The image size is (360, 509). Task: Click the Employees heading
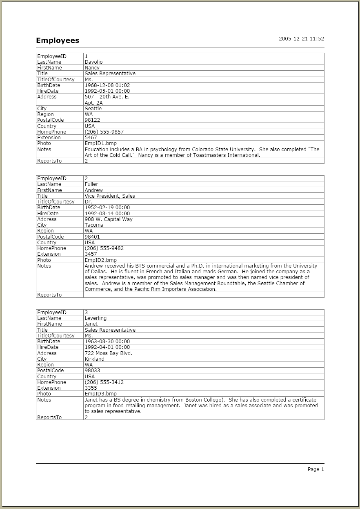[x=58, y=40]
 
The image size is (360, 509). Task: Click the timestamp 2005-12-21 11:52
[x=301, y=39]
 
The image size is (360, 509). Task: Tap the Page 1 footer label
[x=316, y=469]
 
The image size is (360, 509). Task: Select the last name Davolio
[x=93, y=62]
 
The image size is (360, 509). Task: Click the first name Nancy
[x=92, y=68]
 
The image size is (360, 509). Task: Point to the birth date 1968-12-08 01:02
[x=107, y=85]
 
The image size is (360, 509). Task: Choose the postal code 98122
[x=92, y=120]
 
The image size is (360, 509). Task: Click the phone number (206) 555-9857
[x=104, y=132]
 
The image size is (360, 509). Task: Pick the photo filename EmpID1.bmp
[x=100, y=143]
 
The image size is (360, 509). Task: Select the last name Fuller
[x=91, y=184]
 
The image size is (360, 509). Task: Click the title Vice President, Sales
[x=110, y=196]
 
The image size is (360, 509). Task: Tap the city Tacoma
[x=94, y=225]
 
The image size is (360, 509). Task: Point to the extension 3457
[x=91, y=254]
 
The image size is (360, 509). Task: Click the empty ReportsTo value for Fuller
[x=203, y=295]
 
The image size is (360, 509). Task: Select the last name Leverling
[x=96, y=318]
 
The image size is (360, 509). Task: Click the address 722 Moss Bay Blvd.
[x=108, y=353]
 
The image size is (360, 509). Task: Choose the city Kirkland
[x=94, y=359]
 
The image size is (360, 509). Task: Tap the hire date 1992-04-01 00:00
[x=107, y=347]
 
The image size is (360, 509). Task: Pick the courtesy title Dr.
[x=88, y=202]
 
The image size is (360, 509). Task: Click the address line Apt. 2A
[x=93, y=103]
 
